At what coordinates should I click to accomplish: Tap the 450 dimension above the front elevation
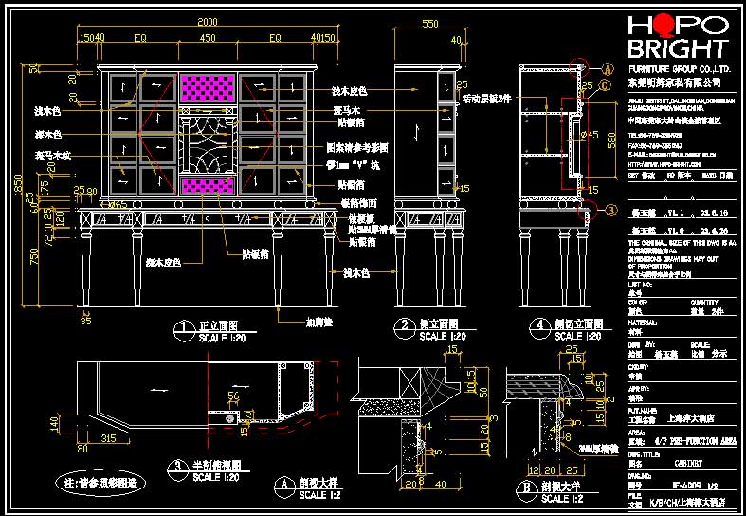(208, 39)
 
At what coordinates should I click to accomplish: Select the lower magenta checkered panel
(208, 186)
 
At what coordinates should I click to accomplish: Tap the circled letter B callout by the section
(611, 211)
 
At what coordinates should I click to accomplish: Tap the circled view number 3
(178, 466)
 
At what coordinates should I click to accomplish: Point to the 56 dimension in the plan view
(233, 396)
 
